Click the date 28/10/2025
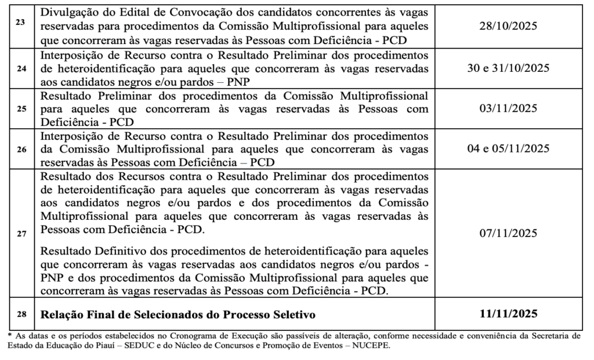509,26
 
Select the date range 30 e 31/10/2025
509,67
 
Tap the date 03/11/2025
509,108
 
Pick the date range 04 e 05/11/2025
509,149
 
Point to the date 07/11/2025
509,233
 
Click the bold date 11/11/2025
509,314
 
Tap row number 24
21,67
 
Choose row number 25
21,108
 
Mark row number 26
21,149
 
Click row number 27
21,233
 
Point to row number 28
21,314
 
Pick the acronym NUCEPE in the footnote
371,347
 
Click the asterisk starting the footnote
10,335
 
